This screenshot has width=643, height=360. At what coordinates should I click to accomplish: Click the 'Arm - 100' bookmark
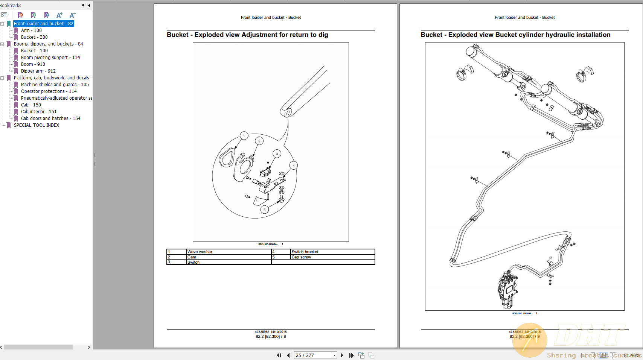[x=31, y=30]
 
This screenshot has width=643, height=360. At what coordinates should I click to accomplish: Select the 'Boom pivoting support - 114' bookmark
[x=50, y=58]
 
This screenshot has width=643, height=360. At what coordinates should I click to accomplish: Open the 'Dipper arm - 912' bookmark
[x=38, y=71]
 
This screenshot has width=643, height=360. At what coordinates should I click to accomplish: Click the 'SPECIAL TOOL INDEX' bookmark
[x=36, y=125]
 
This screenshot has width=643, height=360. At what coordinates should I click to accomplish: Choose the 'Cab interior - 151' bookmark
[x=38, y=112]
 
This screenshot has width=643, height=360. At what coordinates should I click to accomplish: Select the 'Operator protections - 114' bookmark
[x=49, y=91]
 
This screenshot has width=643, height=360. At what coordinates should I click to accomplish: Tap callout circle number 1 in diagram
[x=244, y=136]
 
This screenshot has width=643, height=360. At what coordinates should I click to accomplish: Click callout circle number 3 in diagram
[x=277, y=154]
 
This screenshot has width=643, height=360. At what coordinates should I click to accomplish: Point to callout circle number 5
[x=264, y=210]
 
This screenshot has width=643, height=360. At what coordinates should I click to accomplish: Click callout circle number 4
[x=294, y=166]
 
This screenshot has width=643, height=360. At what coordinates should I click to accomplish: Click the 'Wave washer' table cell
[x=200, y=252]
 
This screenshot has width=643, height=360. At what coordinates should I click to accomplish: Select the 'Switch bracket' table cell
[x=305, y=252]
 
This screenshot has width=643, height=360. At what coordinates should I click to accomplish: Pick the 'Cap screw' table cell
[x=301, y=257]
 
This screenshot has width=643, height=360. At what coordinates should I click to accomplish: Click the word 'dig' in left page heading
[x=323, y=35]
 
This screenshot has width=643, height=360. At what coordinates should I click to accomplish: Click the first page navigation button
[x=279, y=355]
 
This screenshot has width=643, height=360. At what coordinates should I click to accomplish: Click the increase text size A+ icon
[x=59, y=15]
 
